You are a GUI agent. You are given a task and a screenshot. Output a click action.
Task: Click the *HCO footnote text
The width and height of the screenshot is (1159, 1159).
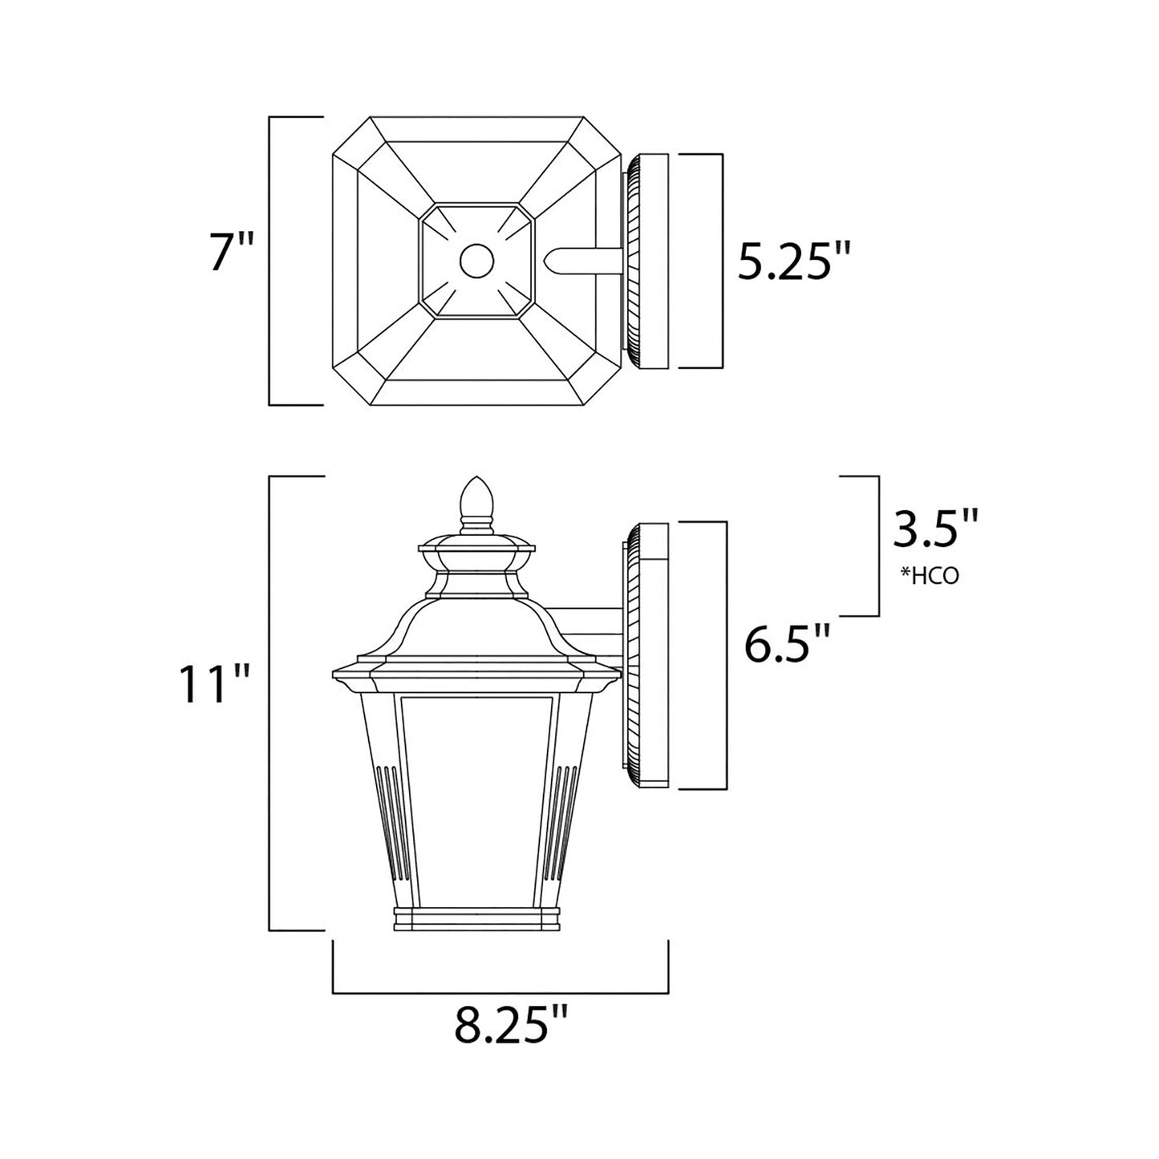pos(930,576)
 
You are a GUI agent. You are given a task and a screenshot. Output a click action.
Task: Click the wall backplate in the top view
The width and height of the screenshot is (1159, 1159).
pos(646,261)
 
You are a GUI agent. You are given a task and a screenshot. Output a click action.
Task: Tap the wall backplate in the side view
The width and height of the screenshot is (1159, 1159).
pos(646,654)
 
